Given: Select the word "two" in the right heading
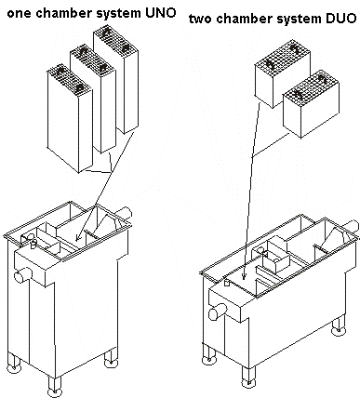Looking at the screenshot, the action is (x=201, y=20).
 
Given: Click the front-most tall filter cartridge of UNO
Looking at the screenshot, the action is (x=70, y=118).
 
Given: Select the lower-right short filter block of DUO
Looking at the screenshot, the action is (x=311, y=104).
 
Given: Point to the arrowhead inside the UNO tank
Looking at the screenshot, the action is (x=77, y=238).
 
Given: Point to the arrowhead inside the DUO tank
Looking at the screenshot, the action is (x=243, y=276).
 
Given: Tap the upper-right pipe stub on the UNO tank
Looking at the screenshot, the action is (x=123, y=213).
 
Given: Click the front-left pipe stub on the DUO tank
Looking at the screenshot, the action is (x=218, y=312).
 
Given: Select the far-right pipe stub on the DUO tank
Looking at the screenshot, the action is (x=352, y=227).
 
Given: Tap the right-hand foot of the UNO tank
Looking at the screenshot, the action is (x=111, y=359).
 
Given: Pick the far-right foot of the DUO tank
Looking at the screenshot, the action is (x=338, y=326).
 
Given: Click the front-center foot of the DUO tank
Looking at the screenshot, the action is (x=248, y=377).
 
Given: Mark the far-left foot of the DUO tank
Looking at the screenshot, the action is (x=208, y=355).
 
